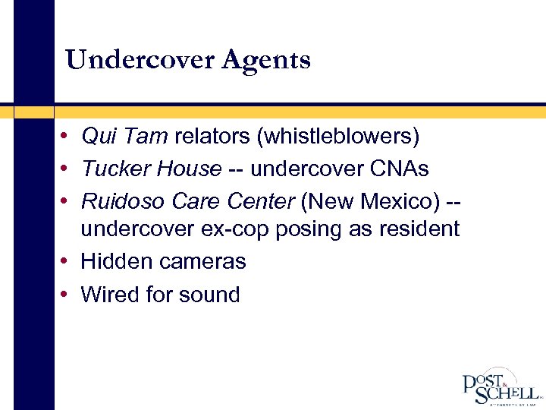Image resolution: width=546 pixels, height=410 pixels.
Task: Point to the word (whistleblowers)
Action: pos(337,137)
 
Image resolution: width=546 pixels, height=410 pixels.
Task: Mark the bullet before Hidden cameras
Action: pos(67,262)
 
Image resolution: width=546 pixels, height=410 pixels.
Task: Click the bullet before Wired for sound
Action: pos(67,295)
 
